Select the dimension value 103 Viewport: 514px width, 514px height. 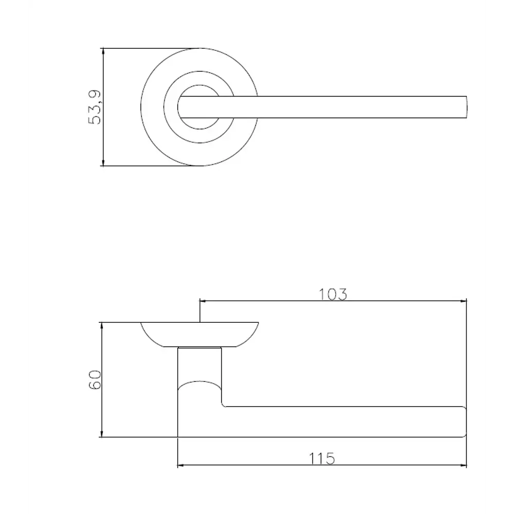pyautogui.click(x=333, y=294)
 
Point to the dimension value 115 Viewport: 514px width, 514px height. pyautogui.click(x=323, y=458)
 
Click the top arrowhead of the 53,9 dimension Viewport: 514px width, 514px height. pyautogui.click(x=104, y=51)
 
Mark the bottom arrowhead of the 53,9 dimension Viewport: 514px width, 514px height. pyautogui.click(x=104, y=163)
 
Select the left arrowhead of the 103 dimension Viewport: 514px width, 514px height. pyautogui.click(x=203, y=301)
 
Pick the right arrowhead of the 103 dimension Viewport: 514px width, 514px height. pyautogui.click(x=463, y=301)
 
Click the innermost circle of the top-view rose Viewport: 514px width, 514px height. pyautogui.click(x=198, y=107)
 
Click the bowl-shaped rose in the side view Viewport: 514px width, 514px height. pyautogui.click(x=199, y=334)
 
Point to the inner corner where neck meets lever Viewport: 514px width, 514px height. pyautogui.click(x=224, y=405)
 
